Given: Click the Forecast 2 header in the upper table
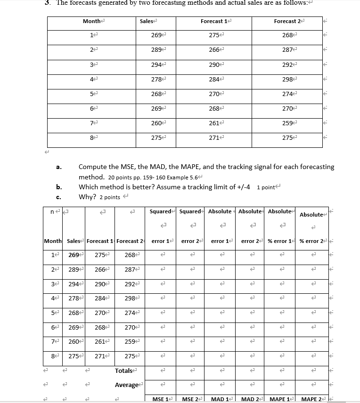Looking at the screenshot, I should (286, 21).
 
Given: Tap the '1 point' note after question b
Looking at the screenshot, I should (267, 187).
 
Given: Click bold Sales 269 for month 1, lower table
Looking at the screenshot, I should (74, 255).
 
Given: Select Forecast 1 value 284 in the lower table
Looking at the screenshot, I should (99, 299).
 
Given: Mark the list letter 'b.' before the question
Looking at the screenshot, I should (59, 187).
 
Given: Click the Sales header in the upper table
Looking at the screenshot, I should (146, 21).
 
